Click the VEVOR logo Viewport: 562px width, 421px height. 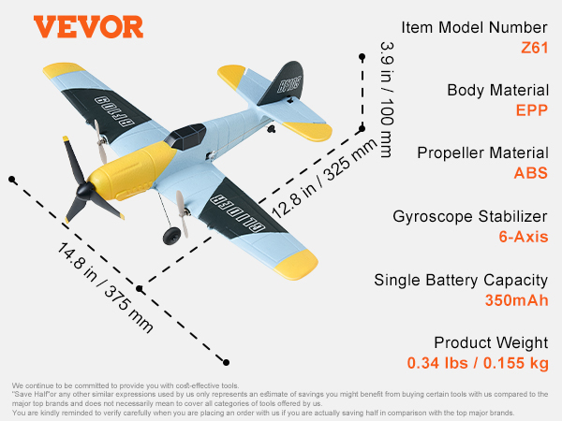point(89,25)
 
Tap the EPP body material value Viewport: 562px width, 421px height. point(529,109)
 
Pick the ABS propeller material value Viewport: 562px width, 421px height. point(530,172)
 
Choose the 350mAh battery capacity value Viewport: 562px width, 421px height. point(510,299)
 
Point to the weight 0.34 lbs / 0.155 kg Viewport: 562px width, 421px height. point(477,362)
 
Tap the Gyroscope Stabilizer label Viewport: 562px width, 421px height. point(471,217)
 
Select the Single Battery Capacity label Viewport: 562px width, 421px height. point(461,280)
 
